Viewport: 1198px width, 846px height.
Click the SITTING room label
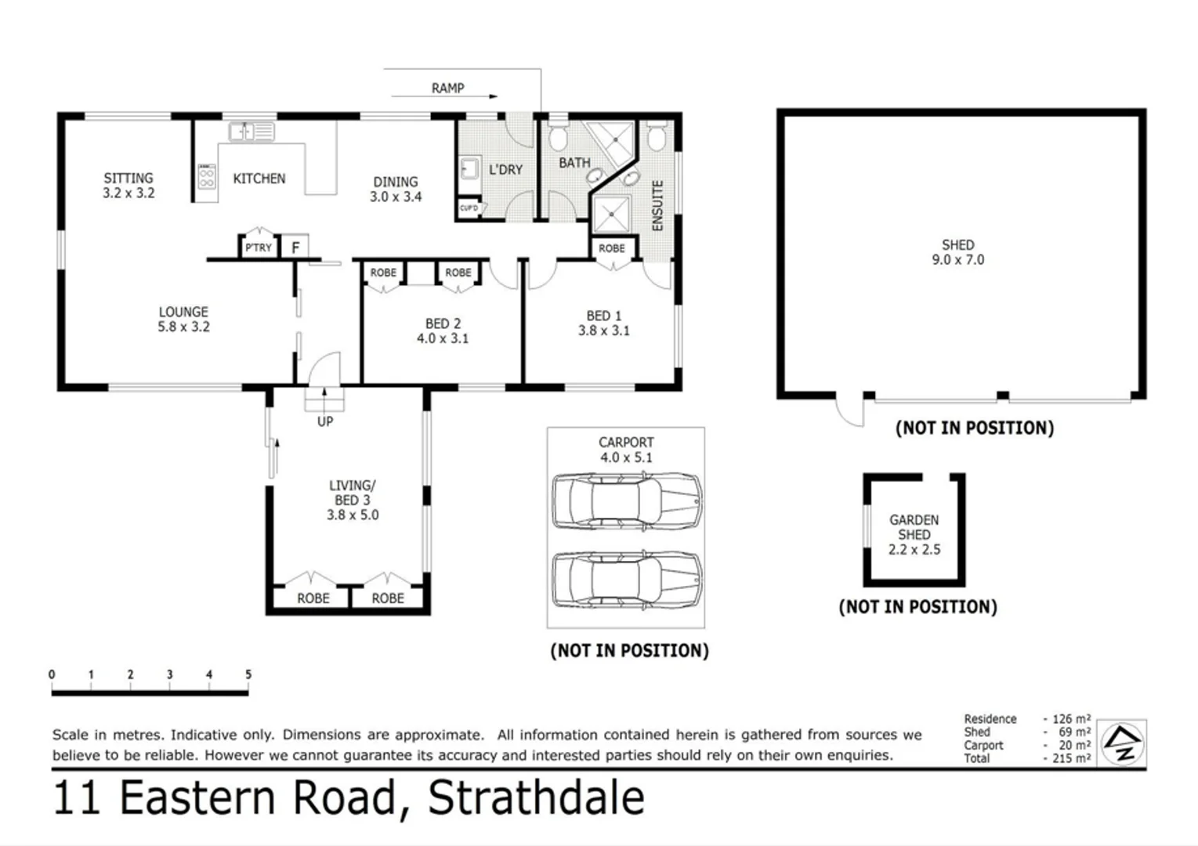pos(128,178)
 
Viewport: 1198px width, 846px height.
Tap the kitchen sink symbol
pos(251,131)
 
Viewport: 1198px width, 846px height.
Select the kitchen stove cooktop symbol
pos(207,177)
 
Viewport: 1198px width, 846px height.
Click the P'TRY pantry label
pos(258,248)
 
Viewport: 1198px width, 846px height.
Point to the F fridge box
pos(295,248)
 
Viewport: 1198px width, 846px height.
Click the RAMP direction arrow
pos(444,96)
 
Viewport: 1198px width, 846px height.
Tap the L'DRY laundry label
pos(505,169)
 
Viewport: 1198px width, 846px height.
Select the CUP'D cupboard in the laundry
pos(469,208)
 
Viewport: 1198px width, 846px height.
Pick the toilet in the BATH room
pos(558,136)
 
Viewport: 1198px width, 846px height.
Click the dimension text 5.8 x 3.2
pos(183,327)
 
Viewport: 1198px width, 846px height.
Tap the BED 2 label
pos(443,324)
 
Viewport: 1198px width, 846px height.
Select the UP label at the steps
pos(325,421)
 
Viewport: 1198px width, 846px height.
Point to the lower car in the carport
pos(626,580)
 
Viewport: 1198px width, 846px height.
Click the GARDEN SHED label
pos(914,527)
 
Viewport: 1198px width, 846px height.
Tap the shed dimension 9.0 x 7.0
pos(957,260)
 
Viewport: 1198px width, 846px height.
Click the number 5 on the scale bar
pos(248,674)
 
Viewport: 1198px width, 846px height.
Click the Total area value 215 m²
pos(1071,758)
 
